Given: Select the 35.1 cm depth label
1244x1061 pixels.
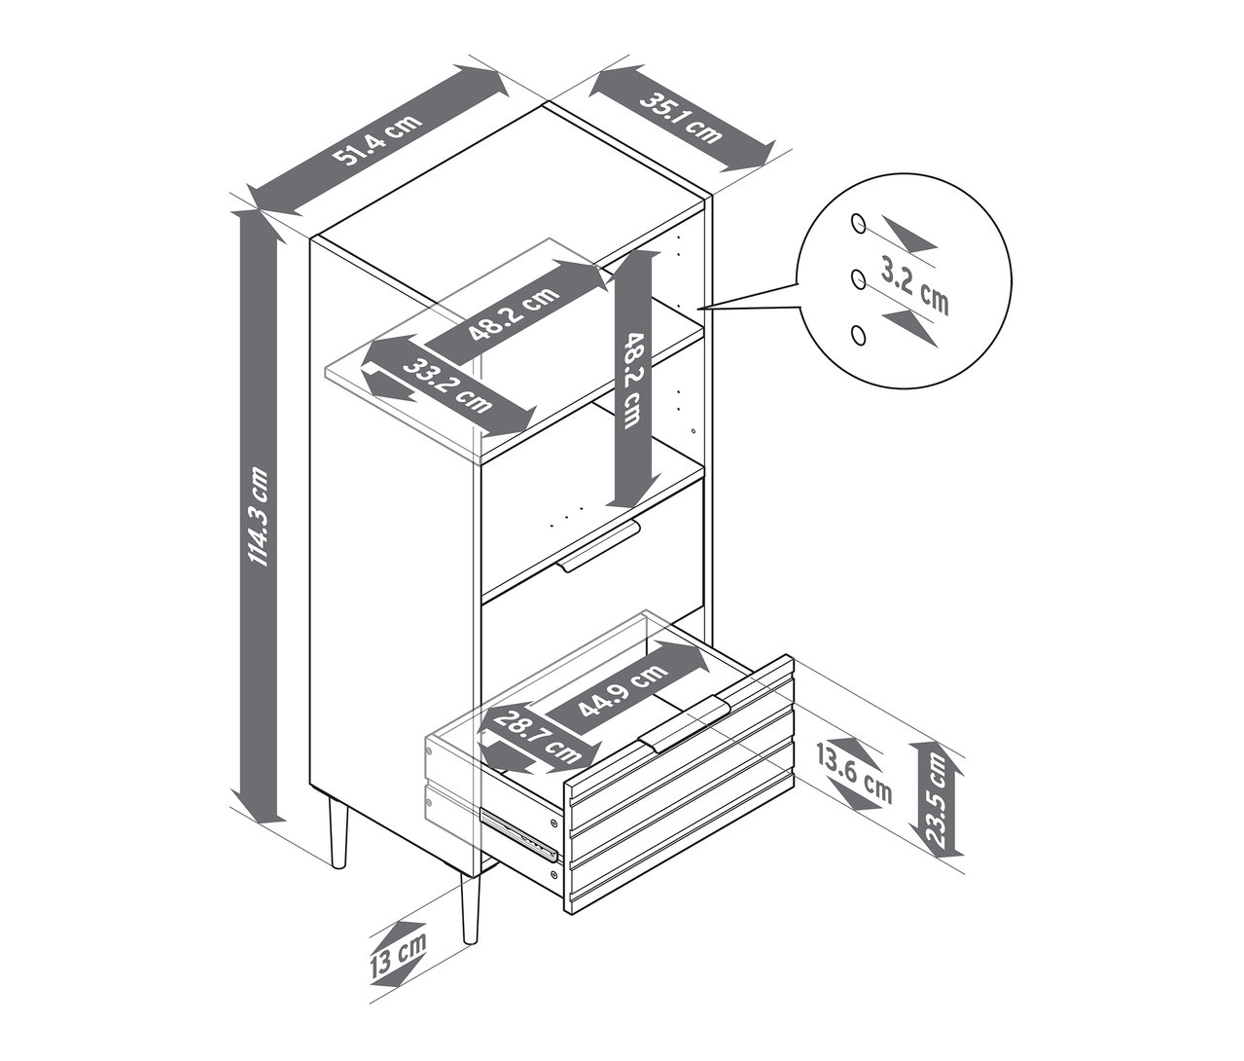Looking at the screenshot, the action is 680,118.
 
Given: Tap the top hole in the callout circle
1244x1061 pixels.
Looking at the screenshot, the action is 858,224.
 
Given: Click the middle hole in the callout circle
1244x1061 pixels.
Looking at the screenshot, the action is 858,278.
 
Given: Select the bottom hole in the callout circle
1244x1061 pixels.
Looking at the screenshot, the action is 859,336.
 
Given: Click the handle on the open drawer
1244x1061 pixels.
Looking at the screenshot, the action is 683,724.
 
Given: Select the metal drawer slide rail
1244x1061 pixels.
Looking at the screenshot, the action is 520,834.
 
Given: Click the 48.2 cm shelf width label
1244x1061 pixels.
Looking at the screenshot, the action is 515,314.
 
